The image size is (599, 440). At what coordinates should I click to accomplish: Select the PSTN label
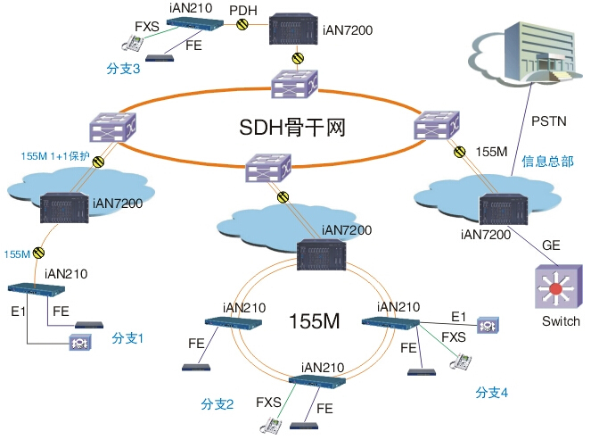click(547, 120)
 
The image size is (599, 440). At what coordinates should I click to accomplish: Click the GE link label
click(552, 242)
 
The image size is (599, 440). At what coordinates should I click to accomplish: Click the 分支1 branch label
click(127, 338)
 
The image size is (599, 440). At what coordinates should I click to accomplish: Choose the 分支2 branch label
click(217, 404)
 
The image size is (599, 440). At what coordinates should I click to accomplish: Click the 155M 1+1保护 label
click(55, 156)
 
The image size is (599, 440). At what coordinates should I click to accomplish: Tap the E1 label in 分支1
click(18, 311)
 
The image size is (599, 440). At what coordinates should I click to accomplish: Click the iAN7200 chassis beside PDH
click(297, 30)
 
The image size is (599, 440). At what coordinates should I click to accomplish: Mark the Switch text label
click(561, 321)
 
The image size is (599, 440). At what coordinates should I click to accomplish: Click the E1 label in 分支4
click(458, 317)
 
